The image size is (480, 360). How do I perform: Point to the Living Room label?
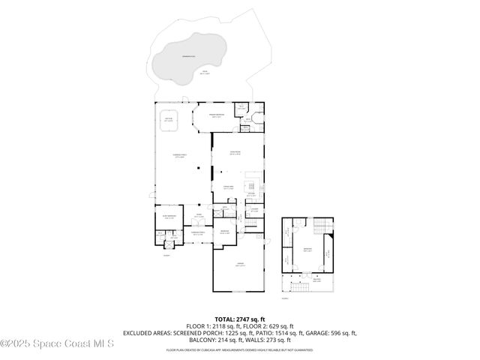pyautogui.click(x=233, y=152)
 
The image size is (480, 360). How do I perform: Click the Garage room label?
pyautogui.click(x=239, y=265)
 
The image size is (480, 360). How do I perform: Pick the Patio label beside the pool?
pyautogui.click(x=204, y=72)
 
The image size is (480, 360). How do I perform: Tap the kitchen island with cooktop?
pyautogui.click(x=252, y=185)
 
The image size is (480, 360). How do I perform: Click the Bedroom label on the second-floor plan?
pyautogui.click(x=307, y=248)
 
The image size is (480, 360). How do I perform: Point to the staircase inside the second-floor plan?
pyautogui.click(x=322, y=226)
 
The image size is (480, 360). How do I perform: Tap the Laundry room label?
pyautogui.click(x=254, y=210)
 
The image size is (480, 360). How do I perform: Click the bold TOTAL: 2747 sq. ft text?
pyautogui.click(x=239, y=319)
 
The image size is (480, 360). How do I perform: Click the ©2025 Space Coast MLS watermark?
pyautogui.click(x=57, y=344)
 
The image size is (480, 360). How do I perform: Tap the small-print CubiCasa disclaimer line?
pyautogui.click(x=239, y=349)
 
